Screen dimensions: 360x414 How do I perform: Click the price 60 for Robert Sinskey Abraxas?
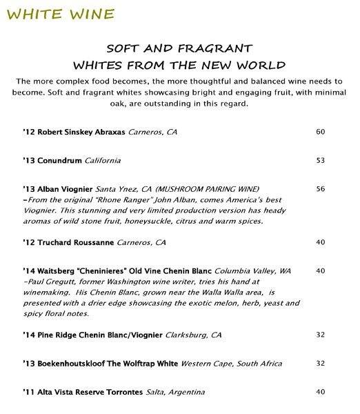(320, 131)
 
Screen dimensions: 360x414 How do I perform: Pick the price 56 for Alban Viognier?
(320, 188)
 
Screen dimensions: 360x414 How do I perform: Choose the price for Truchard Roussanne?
(320, 242)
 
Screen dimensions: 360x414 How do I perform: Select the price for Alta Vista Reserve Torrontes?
(320, 391)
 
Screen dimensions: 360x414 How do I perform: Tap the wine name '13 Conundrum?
(52, 160)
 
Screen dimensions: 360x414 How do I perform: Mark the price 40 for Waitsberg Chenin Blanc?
(320, 270)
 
